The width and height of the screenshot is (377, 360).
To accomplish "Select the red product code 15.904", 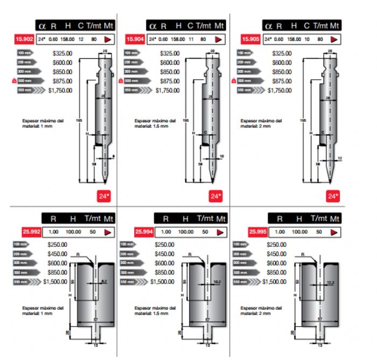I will (135, 39).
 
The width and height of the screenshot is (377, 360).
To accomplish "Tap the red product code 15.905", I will (251, 39).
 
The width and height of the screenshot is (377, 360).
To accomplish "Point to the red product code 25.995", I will (257, 232).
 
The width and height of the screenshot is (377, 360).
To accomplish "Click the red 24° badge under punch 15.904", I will (216, 196).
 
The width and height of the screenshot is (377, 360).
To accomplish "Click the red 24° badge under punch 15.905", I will (332, 196).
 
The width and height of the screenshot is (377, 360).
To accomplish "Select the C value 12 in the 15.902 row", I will (81, 39).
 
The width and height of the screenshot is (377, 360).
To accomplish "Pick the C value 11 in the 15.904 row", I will (191, 39).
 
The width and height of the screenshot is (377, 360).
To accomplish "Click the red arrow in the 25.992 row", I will (107, 232).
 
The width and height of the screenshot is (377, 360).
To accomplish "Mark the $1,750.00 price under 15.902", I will (60, 91).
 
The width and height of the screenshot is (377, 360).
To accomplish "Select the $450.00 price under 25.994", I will (164, 254).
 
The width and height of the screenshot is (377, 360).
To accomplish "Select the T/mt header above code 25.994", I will (204, 219).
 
